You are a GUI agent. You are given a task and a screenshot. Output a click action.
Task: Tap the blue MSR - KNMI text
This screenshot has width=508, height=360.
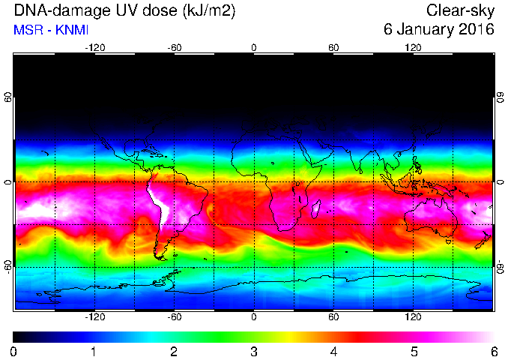tap(51, 30)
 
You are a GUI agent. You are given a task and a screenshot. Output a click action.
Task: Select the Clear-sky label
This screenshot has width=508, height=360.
tap(460, 10)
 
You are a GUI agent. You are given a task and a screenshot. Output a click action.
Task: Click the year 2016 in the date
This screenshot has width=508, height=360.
tap(477, 29)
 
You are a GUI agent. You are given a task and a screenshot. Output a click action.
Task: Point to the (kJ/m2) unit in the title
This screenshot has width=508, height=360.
tap(209, 11)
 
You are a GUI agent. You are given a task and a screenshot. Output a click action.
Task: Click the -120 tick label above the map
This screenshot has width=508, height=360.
tap(95, 48)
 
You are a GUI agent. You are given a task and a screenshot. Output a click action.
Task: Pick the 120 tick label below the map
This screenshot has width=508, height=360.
tap(413, 316)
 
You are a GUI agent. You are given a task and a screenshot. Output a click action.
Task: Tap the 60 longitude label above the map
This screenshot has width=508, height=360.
tap(333, 48)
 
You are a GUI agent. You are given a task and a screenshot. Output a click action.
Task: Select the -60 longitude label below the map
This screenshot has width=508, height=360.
tap(175, 316)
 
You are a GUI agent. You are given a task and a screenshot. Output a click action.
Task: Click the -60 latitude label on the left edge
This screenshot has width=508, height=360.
tap(7, 267)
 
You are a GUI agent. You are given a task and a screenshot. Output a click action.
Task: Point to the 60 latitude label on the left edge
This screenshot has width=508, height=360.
tap(7, 97)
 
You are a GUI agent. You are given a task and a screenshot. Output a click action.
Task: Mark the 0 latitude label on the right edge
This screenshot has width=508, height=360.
tap(501, 182)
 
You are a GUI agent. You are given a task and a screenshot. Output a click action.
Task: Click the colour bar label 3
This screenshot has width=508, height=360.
tap(254, 352)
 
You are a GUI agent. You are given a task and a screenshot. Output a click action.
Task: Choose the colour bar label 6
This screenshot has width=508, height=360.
tap(494, 352)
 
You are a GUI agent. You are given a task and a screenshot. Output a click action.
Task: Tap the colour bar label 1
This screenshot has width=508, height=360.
tap(94, 352)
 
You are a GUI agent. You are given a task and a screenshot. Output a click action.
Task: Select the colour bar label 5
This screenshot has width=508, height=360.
tap(414, 352)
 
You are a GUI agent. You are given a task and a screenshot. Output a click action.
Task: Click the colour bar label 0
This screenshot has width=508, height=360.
tap(13, 352)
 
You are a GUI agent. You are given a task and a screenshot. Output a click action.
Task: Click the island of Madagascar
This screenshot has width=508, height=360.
tap(316, 208)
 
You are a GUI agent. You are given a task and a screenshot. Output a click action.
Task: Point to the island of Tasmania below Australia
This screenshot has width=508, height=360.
tap(448, 241)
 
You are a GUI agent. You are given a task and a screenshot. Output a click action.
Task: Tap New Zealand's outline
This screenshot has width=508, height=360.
tap(483, 241)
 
